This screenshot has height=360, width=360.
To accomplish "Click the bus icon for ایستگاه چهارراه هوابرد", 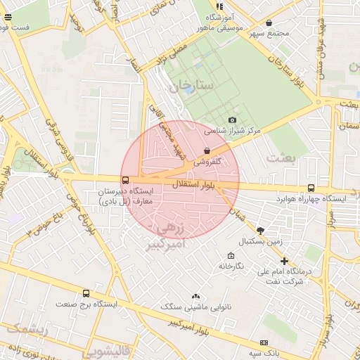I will pos(311,188).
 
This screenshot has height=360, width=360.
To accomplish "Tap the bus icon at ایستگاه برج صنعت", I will pos(86,293).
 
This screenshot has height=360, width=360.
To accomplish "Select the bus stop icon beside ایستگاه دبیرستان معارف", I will pos(125,180).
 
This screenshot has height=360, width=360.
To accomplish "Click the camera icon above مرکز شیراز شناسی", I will pos(232,120).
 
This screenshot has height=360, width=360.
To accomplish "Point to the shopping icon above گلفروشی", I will pos(207,150).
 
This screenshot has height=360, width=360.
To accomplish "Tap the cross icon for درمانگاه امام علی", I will pos(284,261).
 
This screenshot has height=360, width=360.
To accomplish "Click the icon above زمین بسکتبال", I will pos(261,231).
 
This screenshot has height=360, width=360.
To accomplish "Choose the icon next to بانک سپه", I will pos(264,342).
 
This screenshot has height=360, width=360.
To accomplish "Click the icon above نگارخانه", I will pos(231,255).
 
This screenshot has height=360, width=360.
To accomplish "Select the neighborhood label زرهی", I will pos(172,230).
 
